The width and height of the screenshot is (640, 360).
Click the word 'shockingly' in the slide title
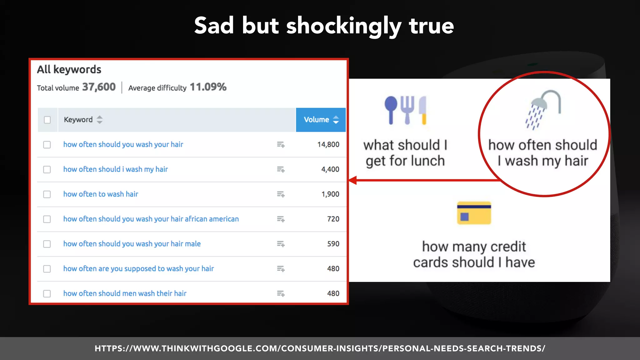click(343, 27)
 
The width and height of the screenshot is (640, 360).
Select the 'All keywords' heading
click(69, 69)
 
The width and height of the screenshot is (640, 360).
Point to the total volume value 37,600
click(99, 87)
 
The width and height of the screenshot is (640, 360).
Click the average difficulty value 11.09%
click(208, 87)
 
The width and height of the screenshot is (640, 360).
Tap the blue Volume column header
click(321, 120)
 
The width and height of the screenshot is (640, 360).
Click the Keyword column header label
click(78, 120)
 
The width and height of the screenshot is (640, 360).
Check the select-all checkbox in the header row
click(47, 120)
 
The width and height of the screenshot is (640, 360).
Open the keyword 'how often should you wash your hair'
click(123, 144)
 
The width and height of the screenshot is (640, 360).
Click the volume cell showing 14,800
click(328, 144)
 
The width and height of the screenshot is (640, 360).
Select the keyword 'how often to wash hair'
click(101, 194)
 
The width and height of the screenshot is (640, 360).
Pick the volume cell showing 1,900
click(330, 194)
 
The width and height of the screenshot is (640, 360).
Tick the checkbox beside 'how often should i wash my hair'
click(47, 169)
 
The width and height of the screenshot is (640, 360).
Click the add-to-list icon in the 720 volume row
click(281, 219)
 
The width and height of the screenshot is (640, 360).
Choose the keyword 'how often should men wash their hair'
click(125, 293)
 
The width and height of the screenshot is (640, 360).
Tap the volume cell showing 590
click(333, 244)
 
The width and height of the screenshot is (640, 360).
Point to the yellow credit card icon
click(474, 213)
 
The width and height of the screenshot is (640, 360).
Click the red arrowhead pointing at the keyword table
click(353, 180)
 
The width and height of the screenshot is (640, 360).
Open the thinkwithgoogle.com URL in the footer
click(320, 348)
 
